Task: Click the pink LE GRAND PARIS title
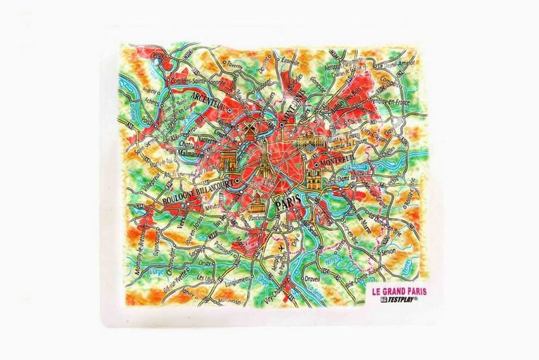(394, 291)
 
